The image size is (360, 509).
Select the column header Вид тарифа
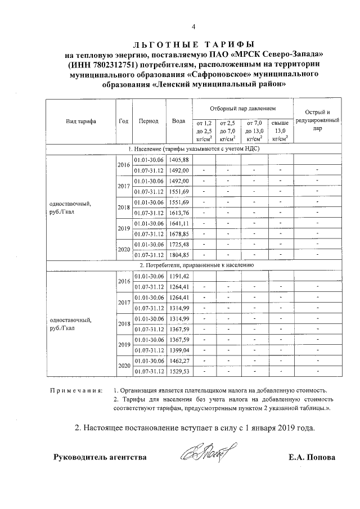pyautogui.click(x=80, y=121)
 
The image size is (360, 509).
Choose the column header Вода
pyautogui.click(x=179, y=121)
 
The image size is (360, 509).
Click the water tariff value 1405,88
pyautogui.click(x=179, y=160)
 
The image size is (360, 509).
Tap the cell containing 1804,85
pyautogui.click(x=179, y=255)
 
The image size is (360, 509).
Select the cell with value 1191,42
pyautogui.click(x=179, y=276)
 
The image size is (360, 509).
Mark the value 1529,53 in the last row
pyautogui.click(x=179, y=372)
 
